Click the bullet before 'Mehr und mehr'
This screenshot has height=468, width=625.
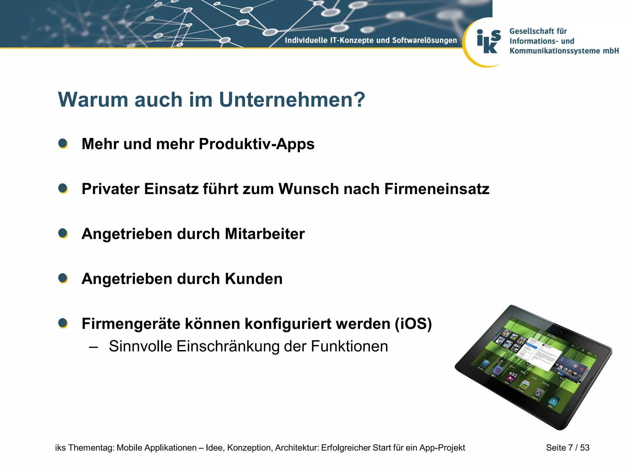(63, 144)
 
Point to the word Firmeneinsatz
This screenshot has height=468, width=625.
(437, 189)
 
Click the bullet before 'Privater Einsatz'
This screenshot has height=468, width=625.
(63, 189)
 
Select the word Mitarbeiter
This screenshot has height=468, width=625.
(265, 234)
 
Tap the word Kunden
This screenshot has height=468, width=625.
(254, 279)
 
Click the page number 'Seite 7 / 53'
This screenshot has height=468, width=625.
(568, 448)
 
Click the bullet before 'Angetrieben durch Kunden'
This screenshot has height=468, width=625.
(63, 278)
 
